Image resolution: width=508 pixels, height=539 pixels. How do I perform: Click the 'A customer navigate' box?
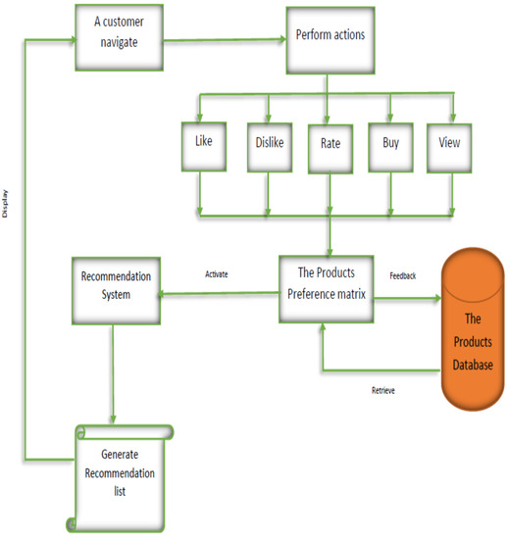click(122, 36)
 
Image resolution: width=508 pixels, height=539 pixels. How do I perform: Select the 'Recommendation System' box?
click(116, 291)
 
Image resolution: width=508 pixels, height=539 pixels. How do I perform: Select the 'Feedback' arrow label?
click(402, 276)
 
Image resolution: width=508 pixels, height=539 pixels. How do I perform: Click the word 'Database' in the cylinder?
click(474, 366)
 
